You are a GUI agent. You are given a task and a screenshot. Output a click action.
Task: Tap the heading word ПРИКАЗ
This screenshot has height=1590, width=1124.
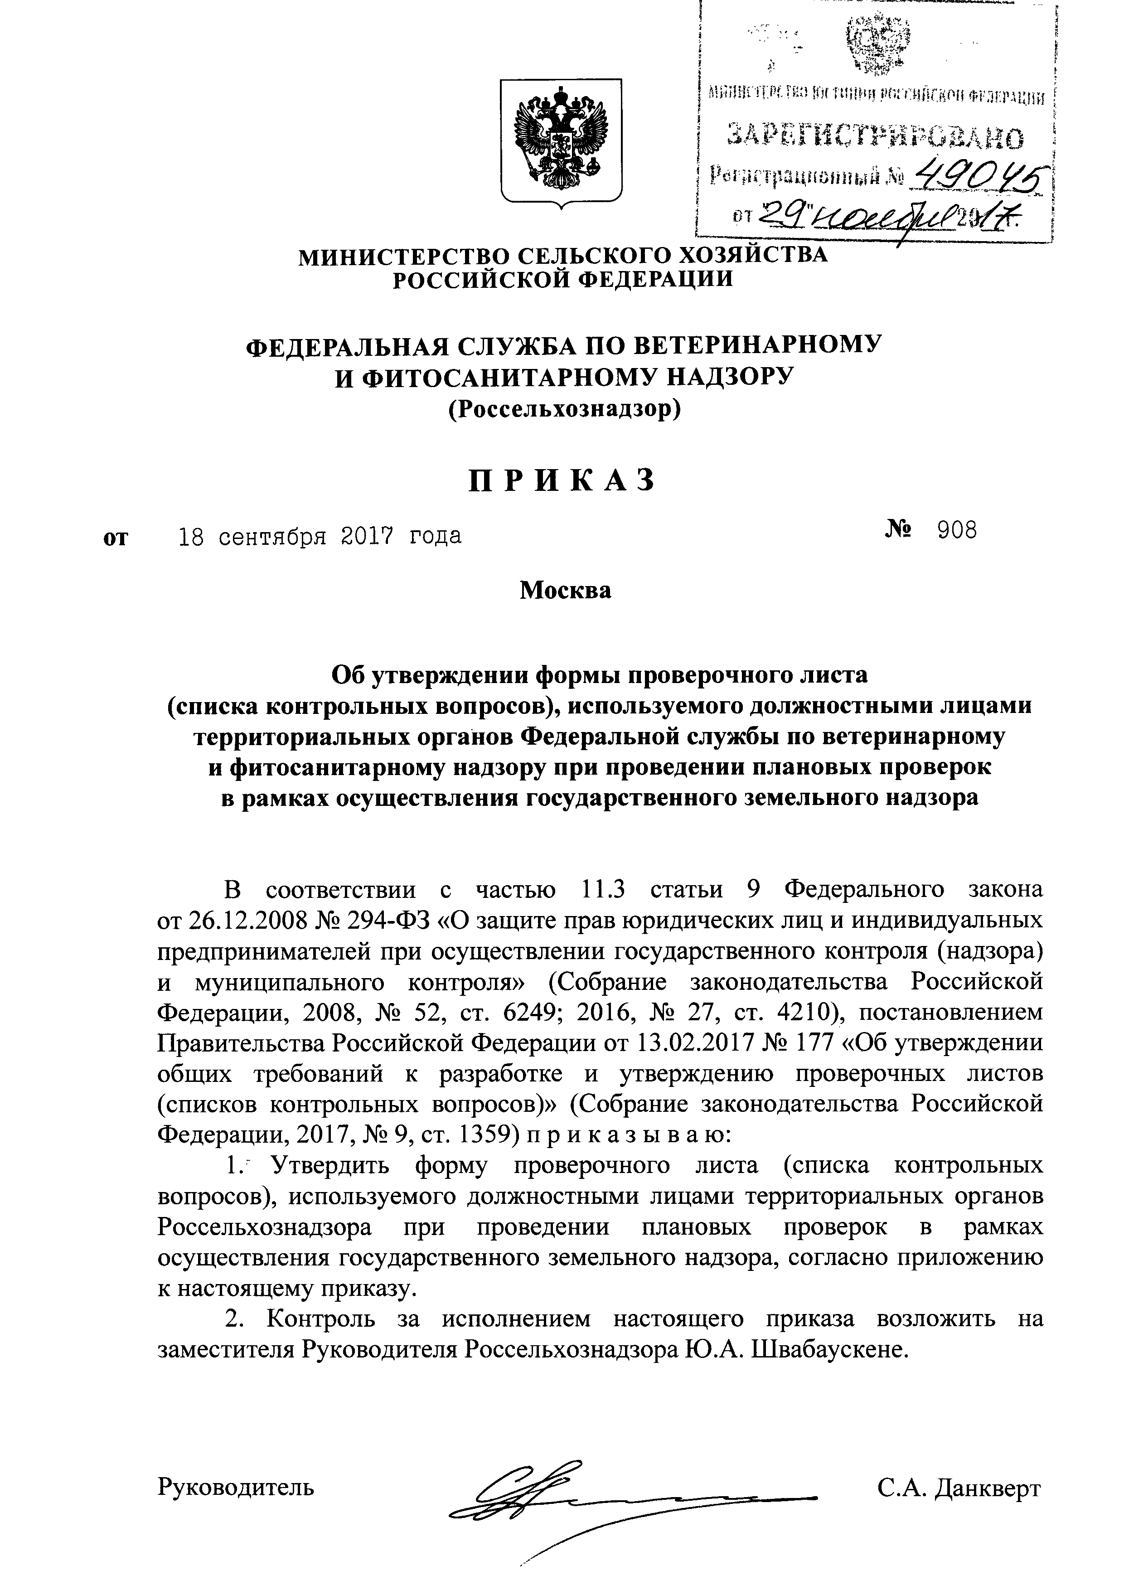[x=561, y=480]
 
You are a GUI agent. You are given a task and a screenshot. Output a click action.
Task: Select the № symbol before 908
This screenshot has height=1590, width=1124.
[x=898, y=531]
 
